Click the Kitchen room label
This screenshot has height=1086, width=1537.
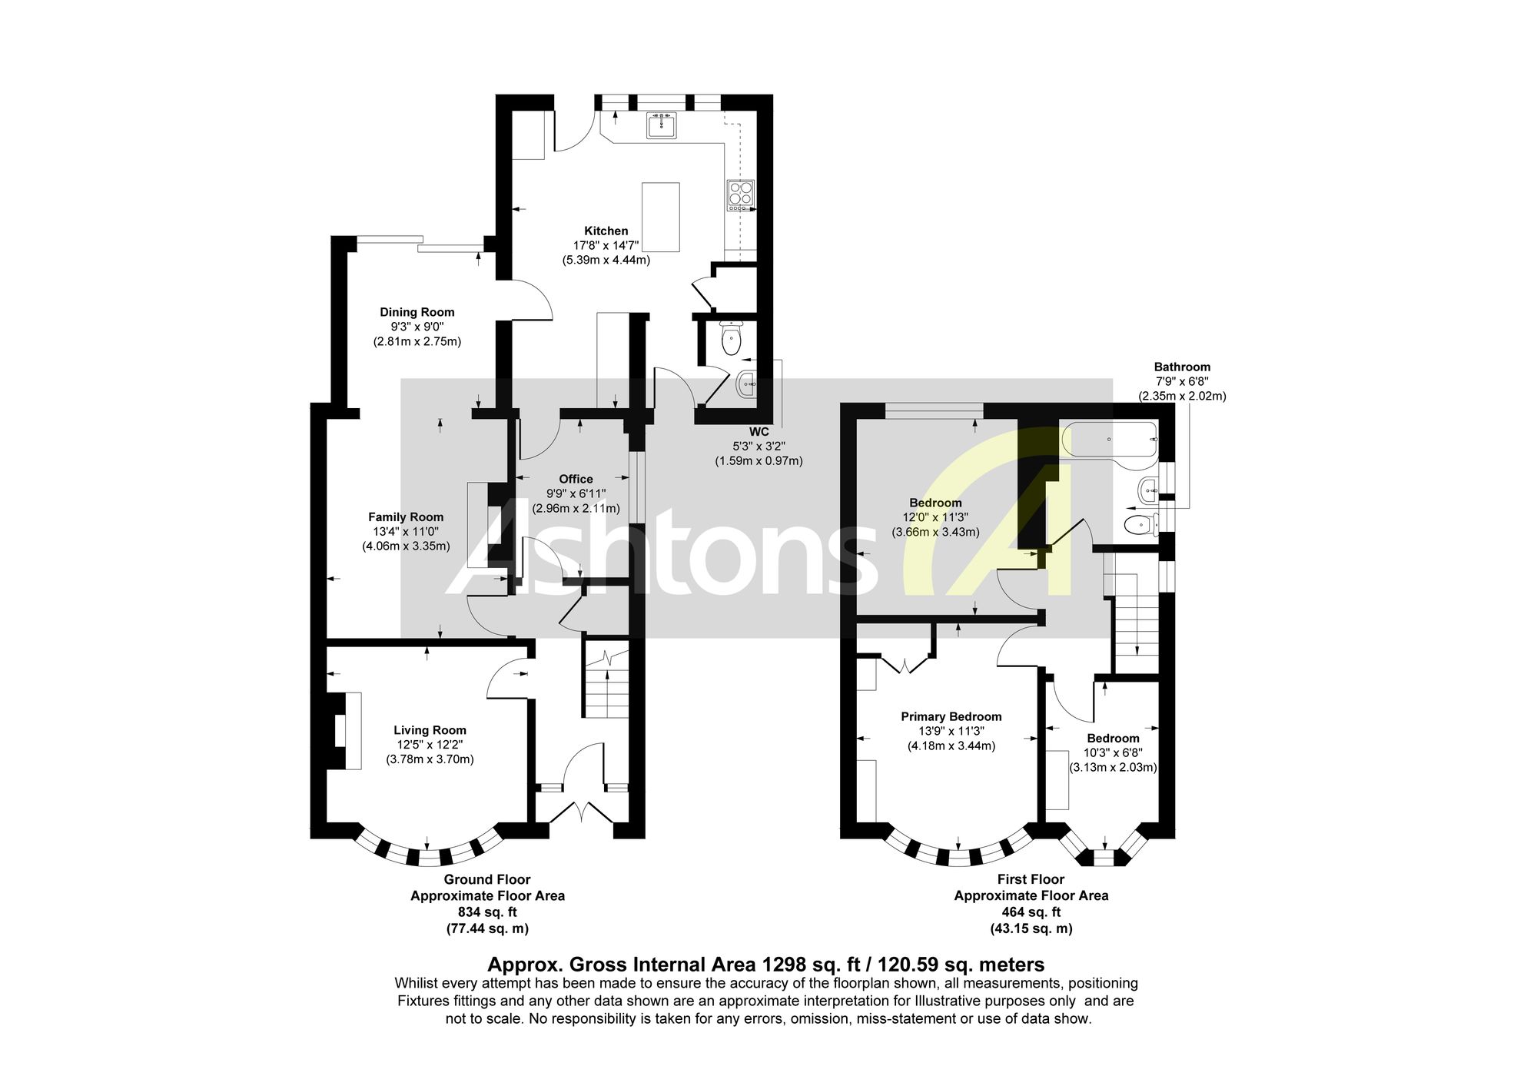(x=606, y=231)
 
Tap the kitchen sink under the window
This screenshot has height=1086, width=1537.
(x=662, y=125)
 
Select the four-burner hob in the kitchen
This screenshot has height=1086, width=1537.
(x=741, y=195)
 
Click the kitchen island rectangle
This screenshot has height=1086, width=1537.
(x=661, y=217)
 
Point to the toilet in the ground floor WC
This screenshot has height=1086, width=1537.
(x=732, y=338)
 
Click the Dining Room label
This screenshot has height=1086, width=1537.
(x=417, y=312)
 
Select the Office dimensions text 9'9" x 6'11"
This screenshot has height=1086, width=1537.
(x=576, y=493)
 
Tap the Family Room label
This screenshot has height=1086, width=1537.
(x=406, y=517)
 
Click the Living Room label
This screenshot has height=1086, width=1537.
(x=430, y=730)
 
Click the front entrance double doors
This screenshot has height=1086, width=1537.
(x=582, y=813)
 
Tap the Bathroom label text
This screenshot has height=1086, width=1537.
(x=1182, y=367)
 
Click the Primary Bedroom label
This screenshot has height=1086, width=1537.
(x=951, y=716)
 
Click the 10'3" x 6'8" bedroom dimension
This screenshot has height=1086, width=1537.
(x=1114, y=752)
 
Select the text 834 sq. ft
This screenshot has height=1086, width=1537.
(x=487, y=912)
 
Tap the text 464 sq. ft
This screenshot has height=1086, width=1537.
(x=1031, y=912)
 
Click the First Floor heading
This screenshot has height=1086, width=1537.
(x=1031, y=879)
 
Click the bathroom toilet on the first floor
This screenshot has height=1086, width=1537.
(x=1141, y=525)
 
